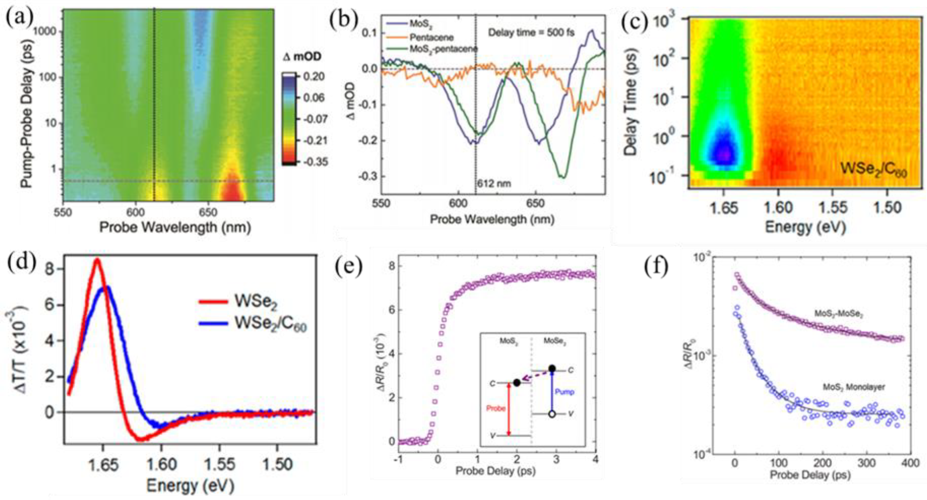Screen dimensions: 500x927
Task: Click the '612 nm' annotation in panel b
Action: [494, 183]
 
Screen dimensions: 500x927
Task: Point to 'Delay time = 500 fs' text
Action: [531, 32]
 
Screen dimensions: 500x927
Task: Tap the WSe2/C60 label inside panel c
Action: [873, 171]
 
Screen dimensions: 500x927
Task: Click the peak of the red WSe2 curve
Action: [96, 260]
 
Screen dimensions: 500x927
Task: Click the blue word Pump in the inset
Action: [564, 392]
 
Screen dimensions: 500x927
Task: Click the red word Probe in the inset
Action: [495, 408]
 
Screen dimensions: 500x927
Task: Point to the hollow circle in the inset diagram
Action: [552, 414]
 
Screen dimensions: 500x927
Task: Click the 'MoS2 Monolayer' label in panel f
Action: [853, 387]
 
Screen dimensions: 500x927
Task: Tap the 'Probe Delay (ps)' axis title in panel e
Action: [495, 472]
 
